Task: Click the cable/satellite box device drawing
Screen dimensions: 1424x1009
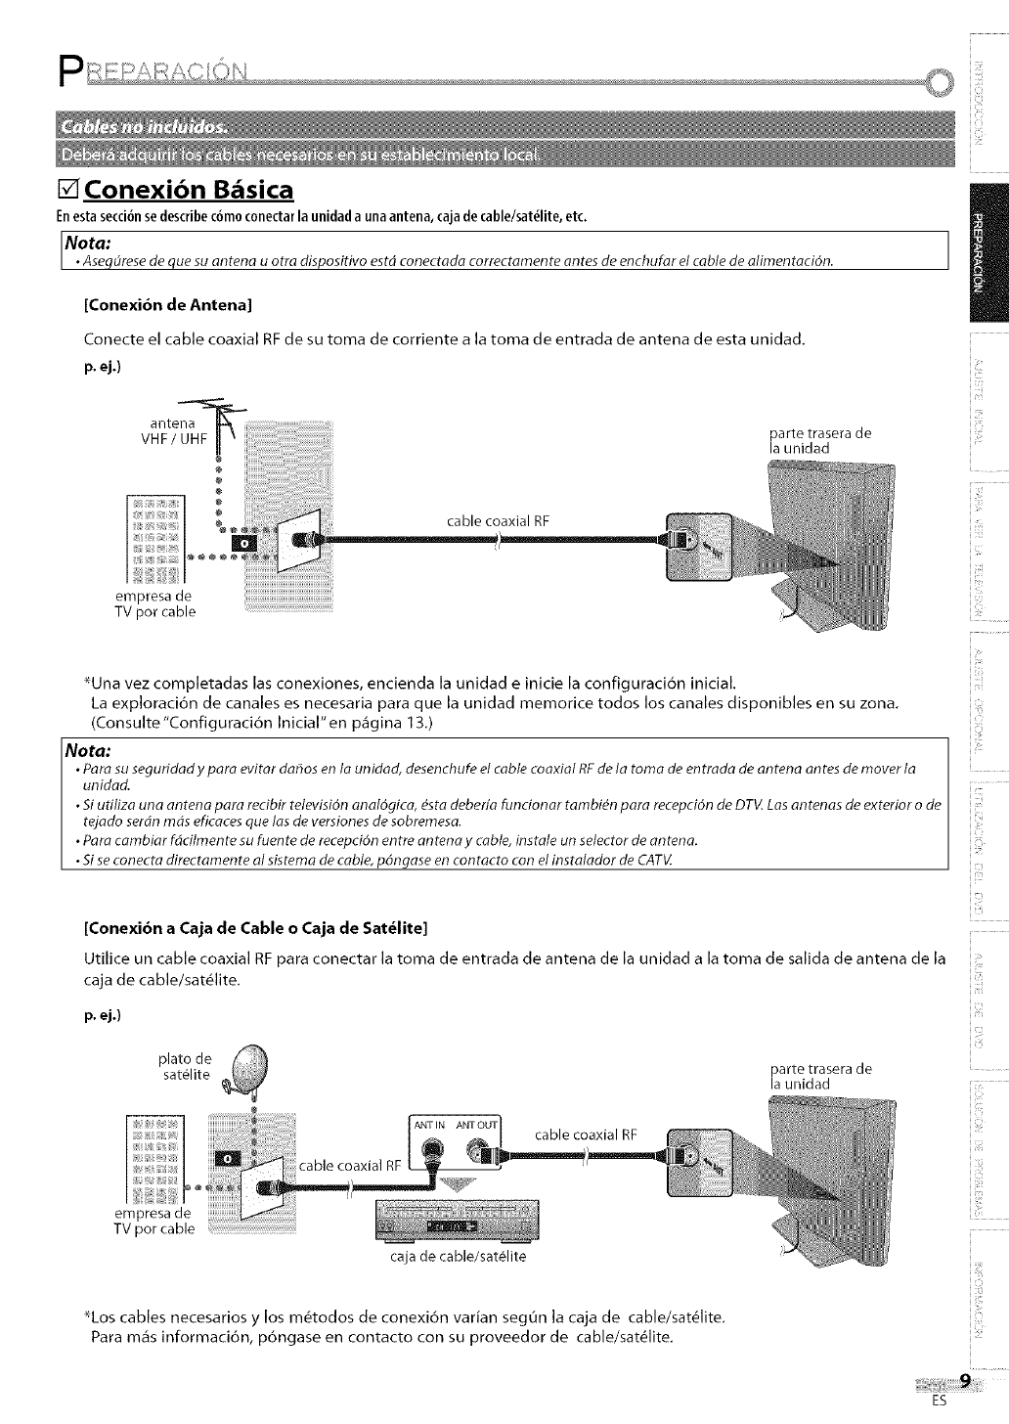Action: point(449,1223)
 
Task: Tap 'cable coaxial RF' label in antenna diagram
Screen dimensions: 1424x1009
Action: point(499,519)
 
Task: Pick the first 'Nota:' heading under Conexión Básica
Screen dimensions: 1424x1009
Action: point(87,241)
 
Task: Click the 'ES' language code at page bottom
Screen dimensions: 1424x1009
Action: point(939,1400)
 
